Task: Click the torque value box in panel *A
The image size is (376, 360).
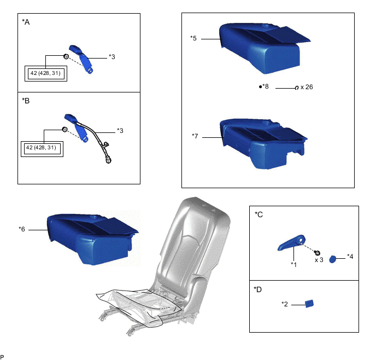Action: tap(46, 73)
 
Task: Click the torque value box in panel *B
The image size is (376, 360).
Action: tap(41, 148)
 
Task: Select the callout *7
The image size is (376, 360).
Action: tap(195, 136)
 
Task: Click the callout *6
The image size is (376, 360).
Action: tap(22, 229)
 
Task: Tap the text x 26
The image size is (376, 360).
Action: tap(306, 87)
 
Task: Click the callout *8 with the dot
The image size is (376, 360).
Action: tap(265, 86)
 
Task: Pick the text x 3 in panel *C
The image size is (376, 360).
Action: tap(320, 260)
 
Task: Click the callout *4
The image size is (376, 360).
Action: tap(350, 256)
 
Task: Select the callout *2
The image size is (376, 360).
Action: tap(285, 304)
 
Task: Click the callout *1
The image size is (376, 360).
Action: tap(293, 264)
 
